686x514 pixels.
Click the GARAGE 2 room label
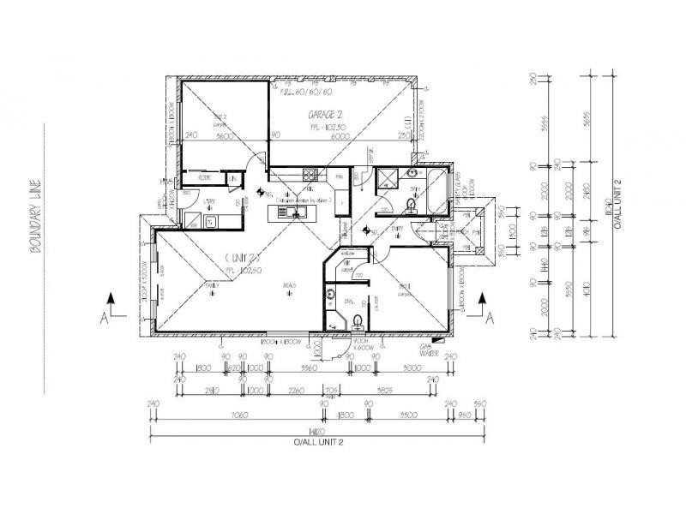pyautogui.click(x=326, y=114)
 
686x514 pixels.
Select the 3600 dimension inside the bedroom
pyautogui.click(x=226, y=134)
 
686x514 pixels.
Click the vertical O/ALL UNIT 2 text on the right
pyautogui.click(x=616, y=206)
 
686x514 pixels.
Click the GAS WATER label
pyautogui.click(x=429, y=349)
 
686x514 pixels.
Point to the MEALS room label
pyautogui.click(x=280, y=287)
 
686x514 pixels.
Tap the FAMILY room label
pyautogui.click(x=209, y=286)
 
